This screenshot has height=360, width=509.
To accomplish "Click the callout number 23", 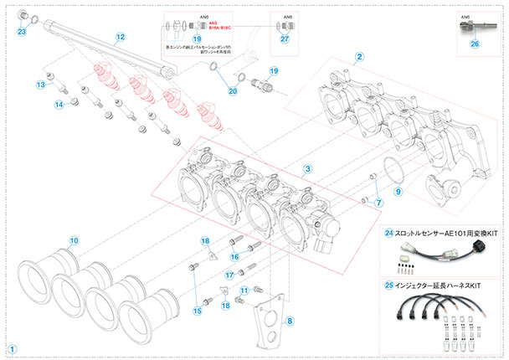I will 22,32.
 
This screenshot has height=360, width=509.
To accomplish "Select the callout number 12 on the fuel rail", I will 120,37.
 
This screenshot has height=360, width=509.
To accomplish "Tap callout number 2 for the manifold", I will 359,57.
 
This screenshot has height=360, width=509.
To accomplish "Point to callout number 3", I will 307,169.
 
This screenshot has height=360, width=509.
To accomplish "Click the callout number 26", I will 476,45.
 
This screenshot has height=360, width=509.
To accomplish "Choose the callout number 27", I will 284,39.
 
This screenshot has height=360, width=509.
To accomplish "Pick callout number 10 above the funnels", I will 74,240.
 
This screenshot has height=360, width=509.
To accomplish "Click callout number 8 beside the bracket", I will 290,320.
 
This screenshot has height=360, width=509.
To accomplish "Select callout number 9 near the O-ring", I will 398,192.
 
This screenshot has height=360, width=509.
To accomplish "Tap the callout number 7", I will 378,203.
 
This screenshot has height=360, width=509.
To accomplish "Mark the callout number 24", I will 389,233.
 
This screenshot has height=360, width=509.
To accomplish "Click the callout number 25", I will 389,285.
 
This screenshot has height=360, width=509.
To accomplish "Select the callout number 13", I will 39,85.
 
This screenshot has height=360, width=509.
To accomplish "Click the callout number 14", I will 59,104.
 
